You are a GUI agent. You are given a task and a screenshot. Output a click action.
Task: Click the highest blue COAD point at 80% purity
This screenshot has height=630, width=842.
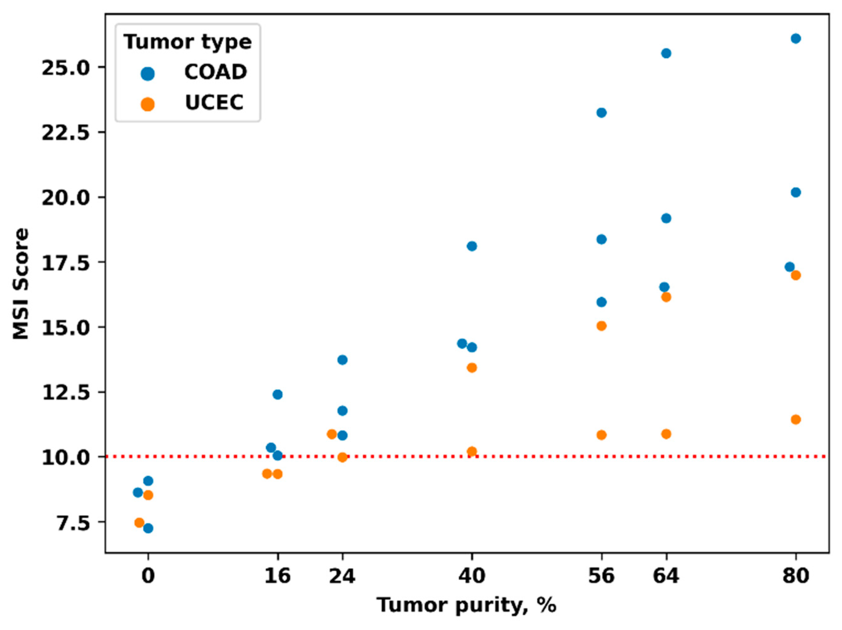(796, 39)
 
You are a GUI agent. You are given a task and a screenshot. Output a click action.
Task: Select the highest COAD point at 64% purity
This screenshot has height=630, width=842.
(666, 53)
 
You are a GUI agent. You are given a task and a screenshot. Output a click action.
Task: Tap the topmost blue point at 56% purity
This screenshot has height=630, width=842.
(601, 113)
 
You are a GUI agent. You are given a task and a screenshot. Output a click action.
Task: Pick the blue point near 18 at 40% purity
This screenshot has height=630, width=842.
(472, 246)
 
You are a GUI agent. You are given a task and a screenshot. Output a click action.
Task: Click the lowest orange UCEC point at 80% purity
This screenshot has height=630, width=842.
(796, 419)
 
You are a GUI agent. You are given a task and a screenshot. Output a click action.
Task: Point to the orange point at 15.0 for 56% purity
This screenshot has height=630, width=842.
(601, 326)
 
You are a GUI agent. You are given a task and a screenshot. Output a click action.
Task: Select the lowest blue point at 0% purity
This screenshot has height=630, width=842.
(148, 528)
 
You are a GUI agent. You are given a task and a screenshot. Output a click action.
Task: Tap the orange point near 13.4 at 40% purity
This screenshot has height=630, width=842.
(472, 368)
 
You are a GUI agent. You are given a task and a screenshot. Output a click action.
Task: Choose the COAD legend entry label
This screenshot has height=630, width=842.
(215, 72)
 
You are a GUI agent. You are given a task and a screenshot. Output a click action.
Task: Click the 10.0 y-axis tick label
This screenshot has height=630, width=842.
(65, 457)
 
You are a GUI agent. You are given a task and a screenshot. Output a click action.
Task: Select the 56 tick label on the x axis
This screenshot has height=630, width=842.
(601, 576)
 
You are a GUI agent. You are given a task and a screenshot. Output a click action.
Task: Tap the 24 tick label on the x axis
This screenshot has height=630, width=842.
(342, 576)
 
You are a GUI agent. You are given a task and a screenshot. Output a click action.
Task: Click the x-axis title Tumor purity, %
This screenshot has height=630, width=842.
(467, 605)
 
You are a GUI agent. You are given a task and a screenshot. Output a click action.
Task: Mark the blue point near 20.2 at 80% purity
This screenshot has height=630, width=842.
(796, 192)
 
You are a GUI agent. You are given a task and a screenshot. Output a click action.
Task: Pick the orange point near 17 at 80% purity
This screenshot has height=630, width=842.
(796, 276)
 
